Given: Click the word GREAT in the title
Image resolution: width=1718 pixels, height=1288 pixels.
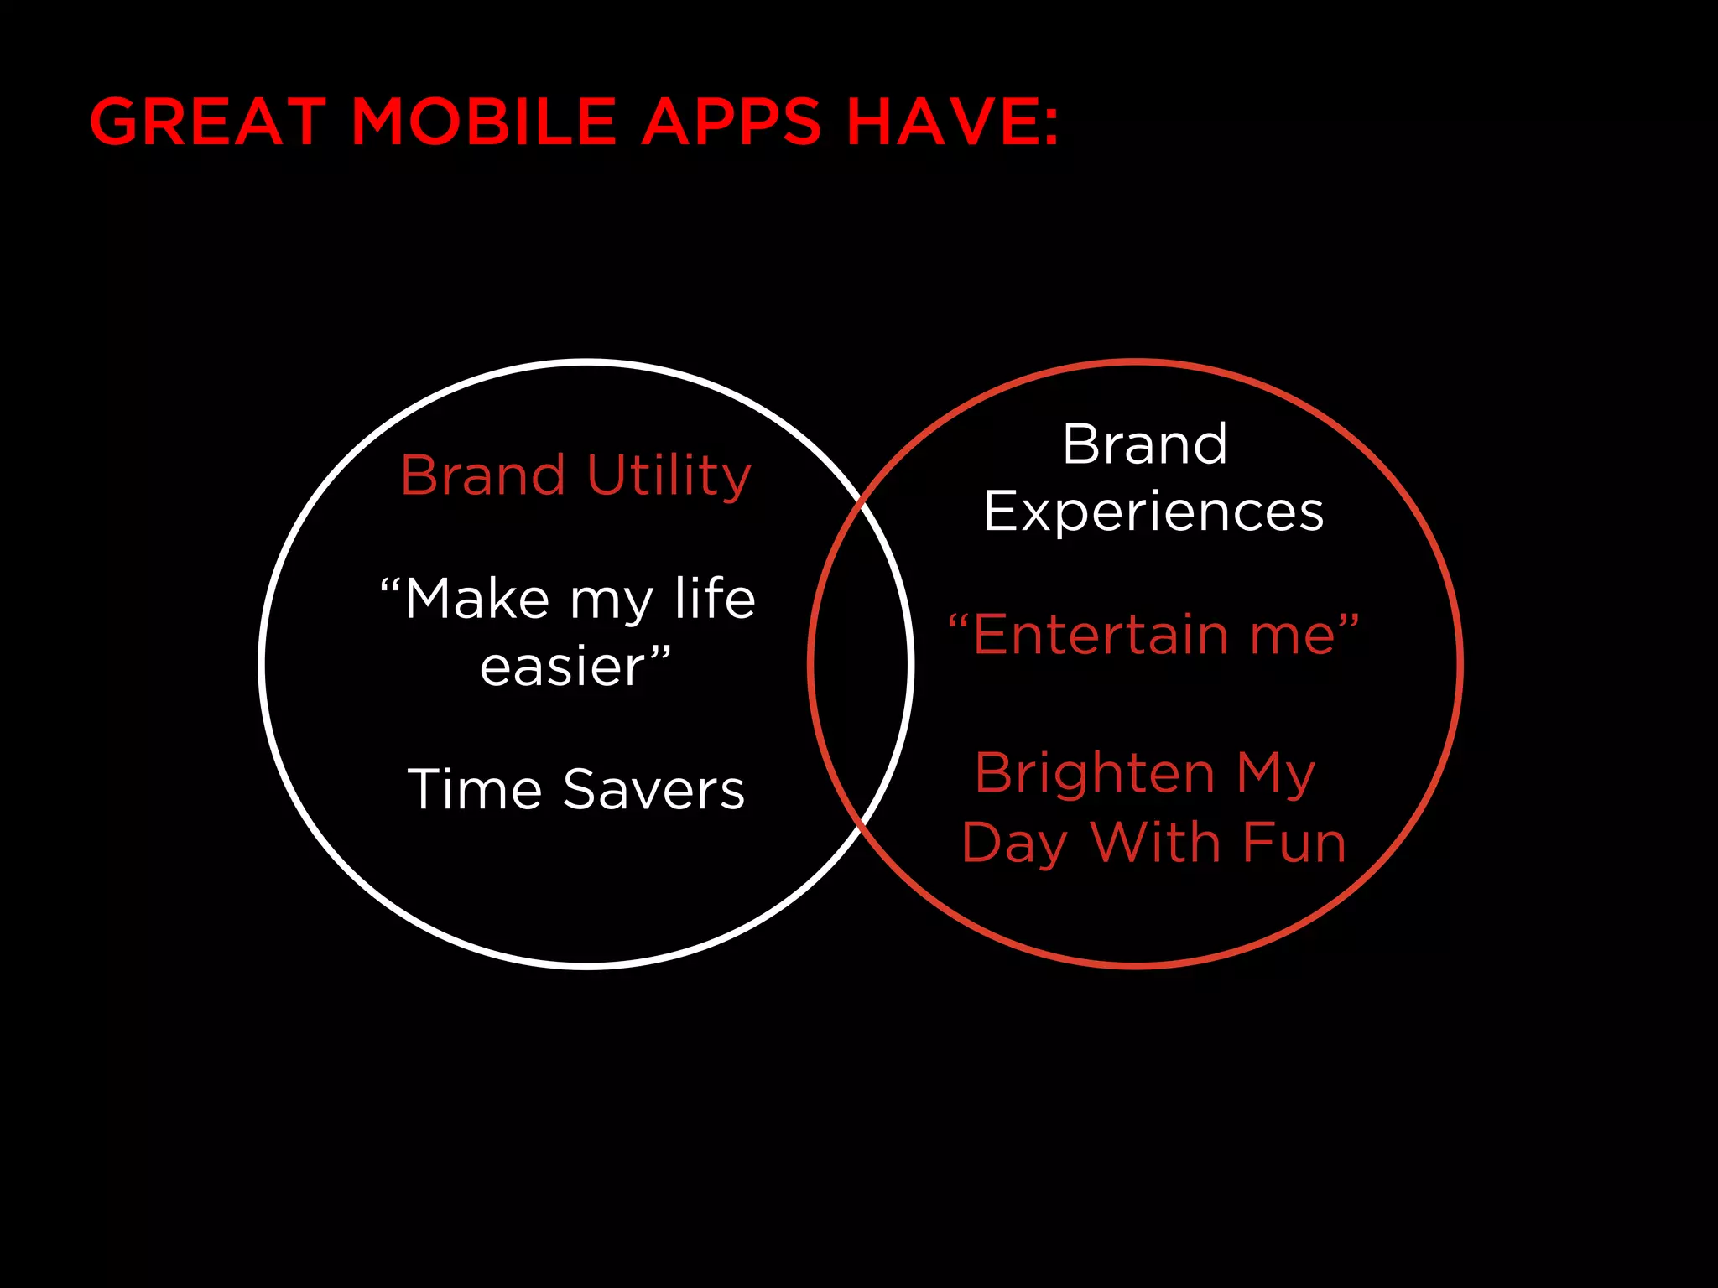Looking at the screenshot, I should (207, 122).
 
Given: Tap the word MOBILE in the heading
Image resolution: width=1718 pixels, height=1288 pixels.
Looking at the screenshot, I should (483, 122).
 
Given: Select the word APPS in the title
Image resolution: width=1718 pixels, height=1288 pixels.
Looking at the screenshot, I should (731, 122).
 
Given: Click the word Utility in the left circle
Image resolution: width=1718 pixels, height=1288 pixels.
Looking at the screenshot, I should (669, 475).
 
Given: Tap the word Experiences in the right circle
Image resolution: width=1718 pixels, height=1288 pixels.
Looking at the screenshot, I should (1153, 512).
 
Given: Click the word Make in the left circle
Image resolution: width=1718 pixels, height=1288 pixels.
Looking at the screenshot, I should (476, 600).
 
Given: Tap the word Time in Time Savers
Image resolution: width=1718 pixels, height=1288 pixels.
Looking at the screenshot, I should (475, 789).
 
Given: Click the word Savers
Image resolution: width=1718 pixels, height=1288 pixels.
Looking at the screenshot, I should (653, 789).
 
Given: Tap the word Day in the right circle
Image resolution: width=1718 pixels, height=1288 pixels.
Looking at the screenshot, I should (1014, 844).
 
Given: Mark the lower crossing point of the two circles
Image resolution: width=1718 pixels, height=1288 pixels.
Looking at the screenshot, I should (862, 827).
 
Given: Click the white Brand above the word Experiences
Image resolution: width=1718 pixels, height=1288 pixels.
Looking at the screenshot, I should (1144, 444).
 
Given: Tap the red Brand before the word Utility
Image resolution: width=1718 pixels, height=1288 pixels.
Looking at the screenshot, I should (482, 475).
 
